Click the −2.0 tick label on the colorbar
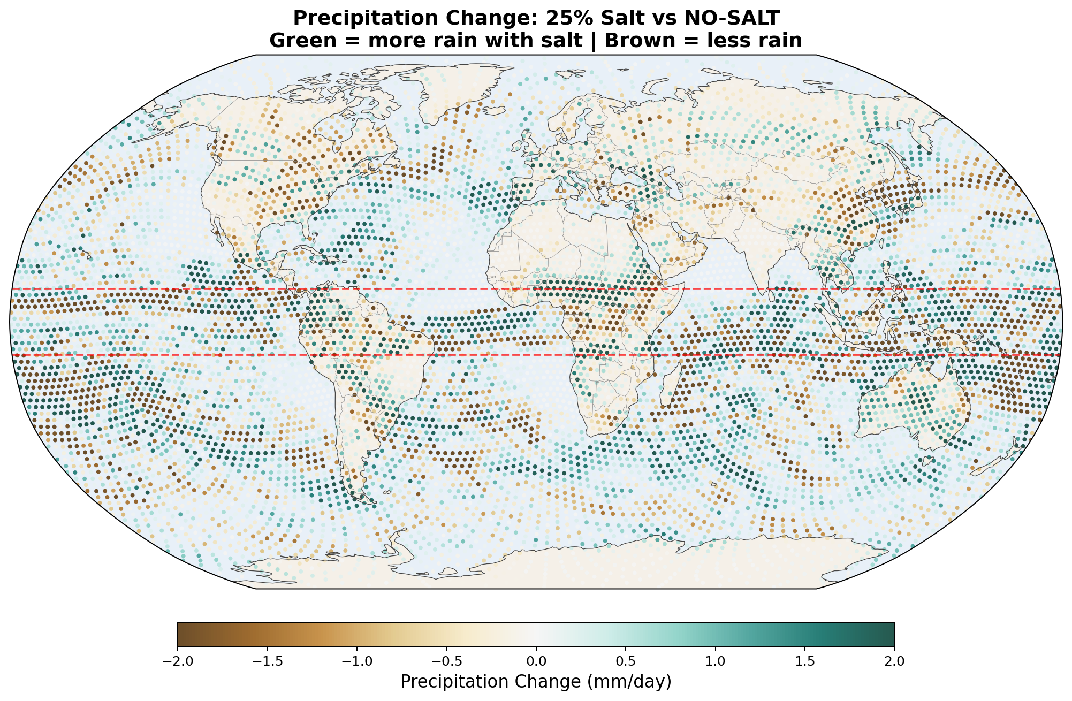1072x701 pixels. coord(177,661)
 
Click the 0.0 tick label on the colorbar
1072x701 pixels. coord(536,661)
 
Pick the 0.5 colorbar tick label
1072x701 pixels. coord(626,661)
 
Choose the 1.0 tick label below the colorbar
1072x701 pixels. coord(715,661)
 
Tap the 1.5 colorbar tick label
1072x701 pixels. coord(805,661)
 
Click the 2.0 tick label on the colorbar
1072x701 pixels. coord(894,661)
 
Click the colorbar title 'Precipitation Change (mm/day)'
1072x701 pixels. coord(536,682)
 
